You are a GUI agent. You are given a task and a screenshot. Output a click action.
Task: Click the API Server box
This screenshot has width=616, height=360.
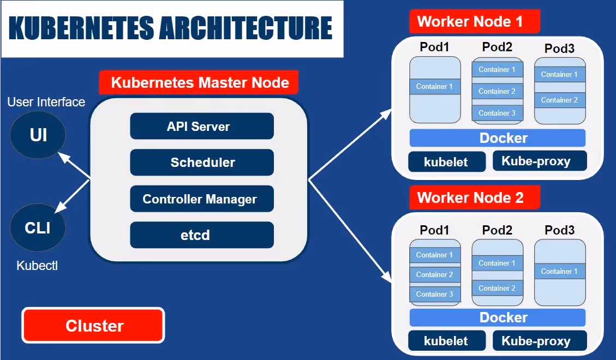point(201,127)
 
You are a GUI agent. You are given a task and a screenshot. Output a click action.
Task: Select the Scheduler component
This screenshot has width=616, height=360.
point(201,163)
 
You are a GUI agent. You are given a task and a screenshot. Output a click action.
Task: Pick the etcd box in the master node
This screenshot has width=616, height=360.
point(201,236)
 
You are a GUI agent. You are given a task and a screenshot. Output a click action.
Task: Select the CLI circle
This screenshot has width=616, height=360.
point(38,227)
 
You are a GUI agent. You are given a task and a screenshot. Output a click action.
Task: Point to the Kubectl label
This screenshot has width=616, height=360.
point(37,266)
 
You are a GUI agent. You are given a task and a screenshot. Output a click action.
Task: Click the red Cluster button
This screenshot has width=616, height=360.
point(93,326)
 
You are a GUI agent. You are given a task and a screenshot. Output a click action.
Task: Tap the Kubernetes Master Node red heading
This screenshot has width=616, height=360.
point(199,83)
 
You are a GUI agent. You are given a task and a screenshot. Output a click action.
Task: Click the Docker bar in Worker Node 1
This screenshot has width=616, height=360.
point(497,138)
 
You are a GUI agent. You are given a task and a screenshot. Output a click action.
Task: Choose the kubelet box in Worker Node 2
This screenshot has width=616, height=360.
point(446,341)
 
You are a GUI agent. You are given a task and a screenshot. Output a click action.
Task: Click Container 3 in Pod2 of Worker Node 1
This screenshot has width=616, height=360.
point(497,113)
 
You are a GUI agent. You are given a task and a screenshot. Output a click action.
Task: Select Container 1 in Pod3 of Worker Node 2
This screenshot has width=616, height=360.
point(560,271)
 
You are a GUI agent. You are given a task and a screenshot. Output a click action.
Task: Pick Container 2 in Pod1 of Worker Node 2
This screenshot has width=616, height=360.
point(435,274)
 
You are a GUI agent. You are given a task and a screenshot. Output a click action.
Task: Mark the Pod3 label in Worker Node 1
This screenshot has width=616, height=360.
point(560,49)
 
